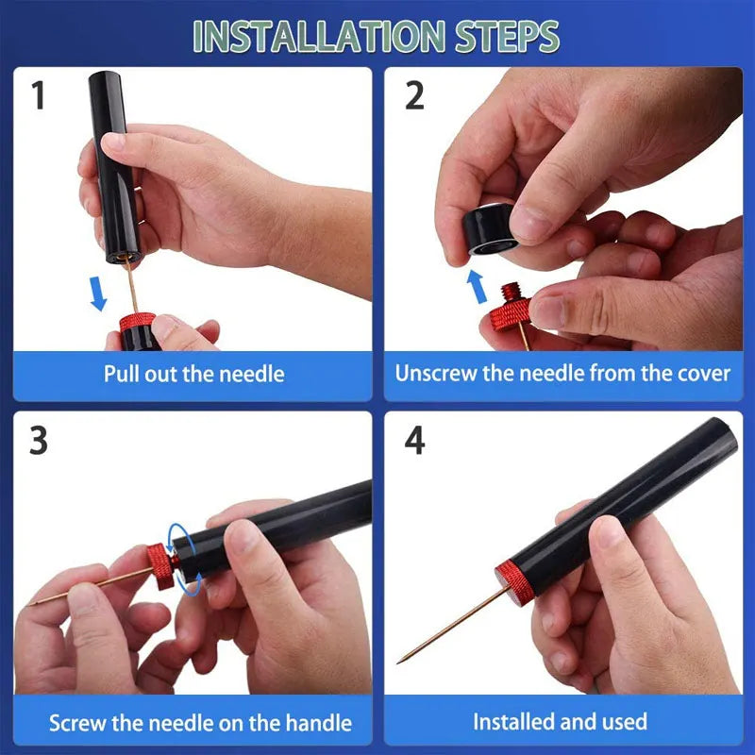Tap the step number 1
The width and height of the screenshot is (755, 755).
[38, 95]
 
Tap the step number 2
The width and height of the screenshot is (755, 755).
[414, 95]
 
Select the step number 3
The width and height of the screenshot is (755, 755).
[38, 441]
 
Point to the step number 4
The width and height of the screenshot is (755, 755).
[414, 441]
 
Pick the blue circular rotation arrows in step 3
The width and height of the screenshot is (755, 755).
[182, 559]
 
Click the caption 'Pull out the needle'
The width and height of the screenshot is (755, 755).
[193, 374]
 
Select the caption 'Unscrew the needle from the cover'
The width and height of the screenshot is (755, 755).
[562, 373]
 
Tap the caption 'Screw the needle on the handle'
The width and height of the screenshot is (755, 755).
[200, 724]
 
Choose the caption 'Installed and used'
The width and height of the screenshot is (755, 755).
[560, 723]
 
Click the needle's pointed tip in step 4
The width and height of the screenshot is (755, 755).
[400, 660]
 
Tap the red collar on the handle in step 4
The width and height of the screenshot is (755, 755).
[514, 579]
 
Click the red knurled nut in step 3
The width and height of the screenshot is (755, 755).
[162, 566]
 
